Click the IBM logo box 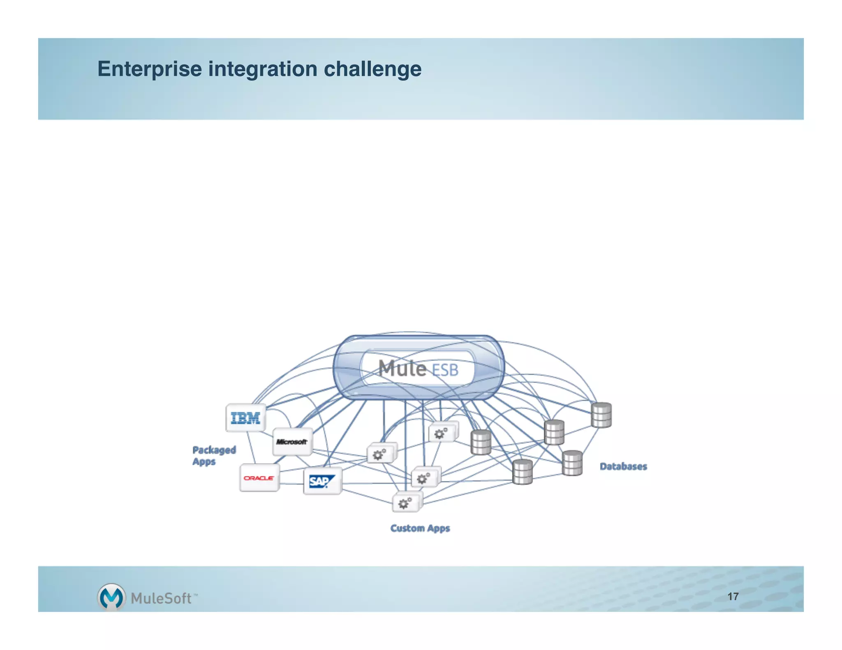click(x=245, y=418)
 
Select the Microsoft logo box click(x=292, y=442)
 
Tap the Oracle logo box click(x=259, y=478)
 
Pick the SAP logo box click(x=322, y=481)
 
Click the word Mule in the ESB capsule click(x=402, y=368)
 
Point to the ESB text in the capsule click(x=445, y=370)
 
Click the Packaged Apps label click(x=214, y=455)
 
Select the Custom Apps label click(x=420, y=528)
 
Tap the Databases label click(x=623, y=466)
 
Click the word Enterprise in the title click(x=149, y=69)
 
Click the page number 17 click(x=733, y=596)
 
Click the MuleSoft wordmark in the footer click(x=161, y=598)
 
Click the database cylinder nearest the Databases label click(x=572, y=463)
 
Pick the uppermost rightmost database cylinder click(x=601, y=415)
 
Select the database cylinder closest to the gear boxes click(x=481, y=442)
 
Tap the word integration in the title click(x=263, y=69)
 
